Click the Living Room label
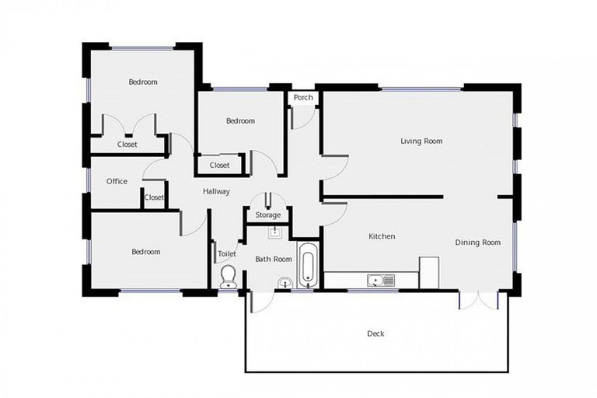[421, 141]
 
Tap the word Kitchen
[382, 236]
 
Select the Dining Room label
[477, 243]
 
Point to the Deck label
[375, 333]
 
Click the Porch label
[303, 98]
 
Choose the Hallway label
[216, 191]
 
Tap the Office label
[117, 181]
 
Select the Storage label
[267, 215]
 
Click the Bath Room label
[274, 259]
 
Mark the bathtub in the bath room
[308, 264]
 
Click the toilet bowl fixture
[229, 277]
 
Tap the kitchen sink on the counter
[380, 280]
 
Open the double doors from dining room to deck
[477, 299]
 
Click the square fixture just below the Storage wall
[274, 232]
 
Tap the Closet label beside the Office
[154, 197]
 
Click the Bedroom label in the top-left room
[143, 82]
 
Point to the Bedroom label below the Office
[145, 252]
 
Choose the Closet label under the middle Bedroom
[219, 165]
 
